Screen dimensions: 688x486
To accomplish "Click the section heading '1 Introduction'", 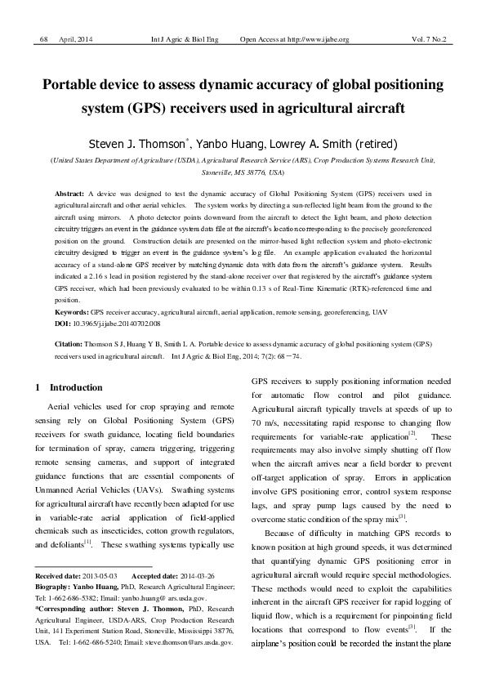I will tap(69, 387).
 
